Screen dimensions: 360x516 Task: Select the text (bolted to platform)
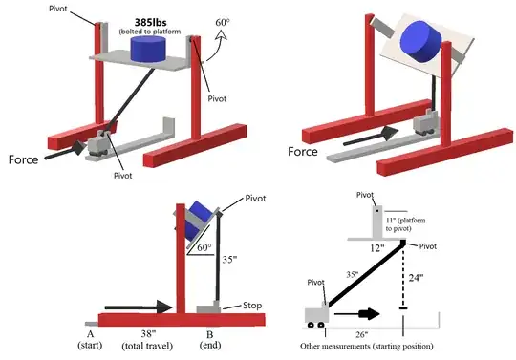tap(140, 33)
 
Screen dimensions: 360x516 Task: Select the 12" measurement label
tap(379, 247)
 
